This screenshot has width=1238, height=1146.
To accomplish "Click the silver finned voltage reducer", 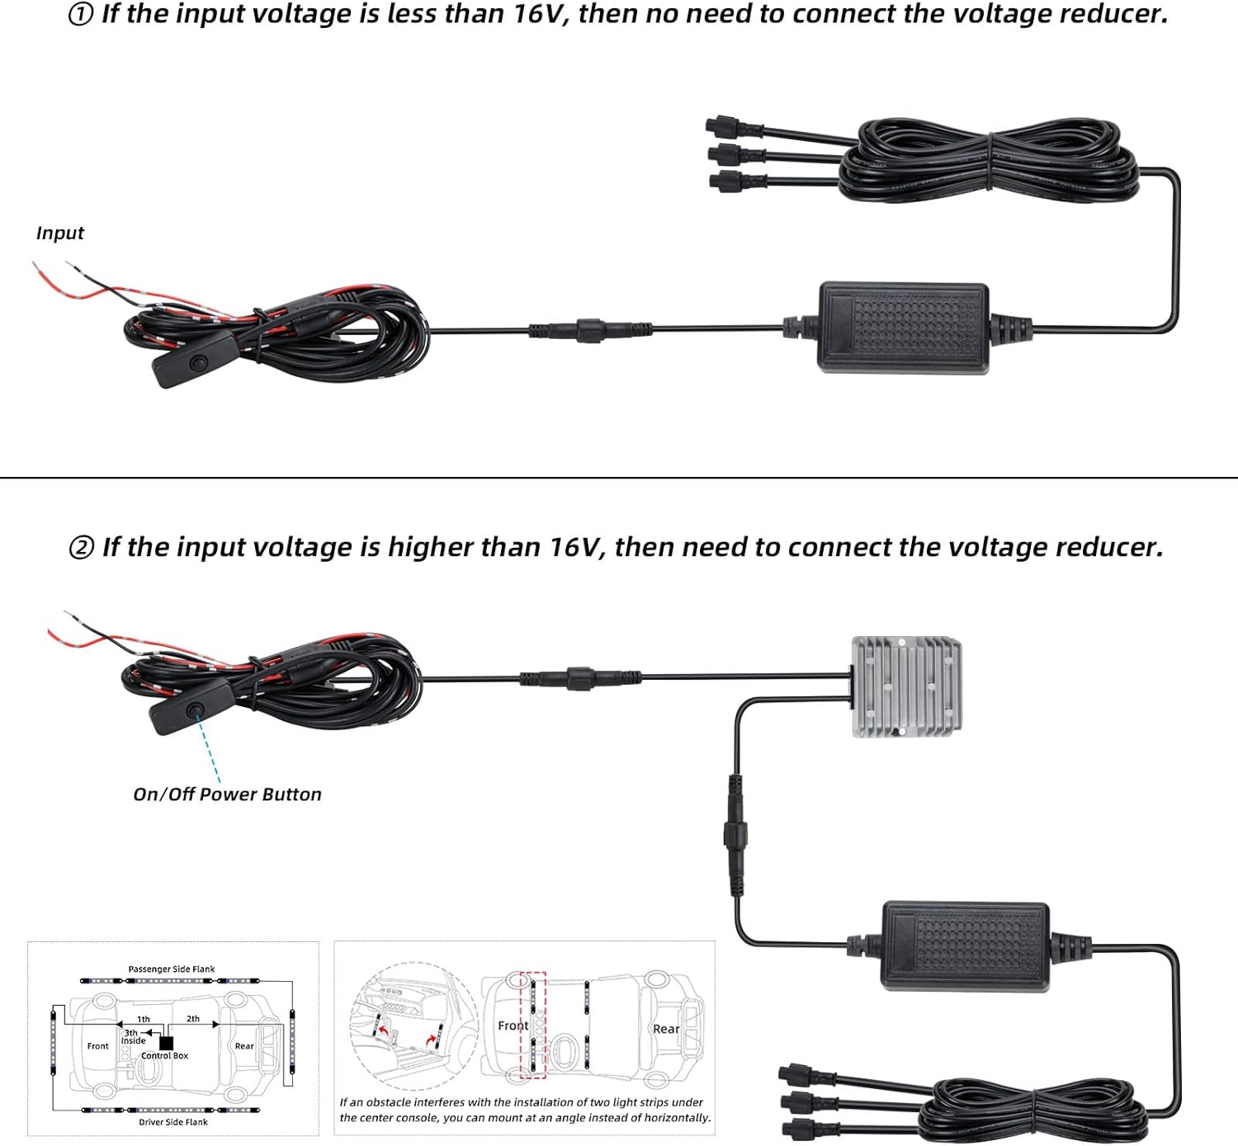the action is [x=906, y=686].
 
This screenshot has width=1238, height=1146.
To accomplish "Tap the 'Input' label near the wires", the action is [x=60, y=233].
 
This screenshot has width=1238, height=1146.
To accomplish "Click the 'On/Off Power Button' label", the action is [x=228, y=794].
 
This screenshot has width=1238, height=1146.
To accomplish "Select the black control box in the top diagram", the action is [x=903, y=328].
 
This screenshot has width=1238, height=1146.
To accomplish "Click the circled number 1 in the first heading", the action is [x=80, y=15].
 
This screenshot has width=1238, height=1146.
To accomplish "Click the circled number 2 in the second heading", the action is [x=81, y=548].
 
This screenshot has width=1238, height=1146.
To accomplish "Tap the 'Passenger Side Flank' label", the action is [x=172, y=969].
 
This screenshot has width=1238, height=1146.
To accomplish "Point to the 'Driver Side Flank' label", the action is [x=173, y=1122].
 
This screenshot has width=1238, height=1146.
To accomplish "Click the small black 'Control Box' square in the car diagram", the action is [x=167, y=1043].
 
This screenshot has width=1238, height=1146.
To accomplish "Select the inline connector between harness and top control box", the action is [x=590, y=330].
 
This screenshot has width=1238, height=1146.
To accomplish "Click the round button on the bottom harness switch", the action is [x=196, y=710].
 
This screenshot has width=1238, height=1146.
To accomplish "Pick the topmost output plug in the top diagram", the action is [x=733, y=127].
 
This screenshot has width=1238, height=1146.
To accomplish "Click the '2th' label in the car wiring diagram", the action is [x=193, y=1018].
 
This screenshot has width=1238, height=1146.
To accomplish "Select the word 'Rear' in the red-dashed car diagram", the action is [x=666, y=1029].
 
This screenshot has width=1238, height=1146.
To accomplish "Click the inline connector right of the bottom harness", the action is [x=581, y=678].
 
